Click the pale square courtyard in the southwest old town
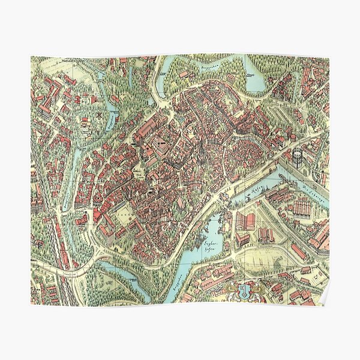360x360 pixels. click(x=121, y=210)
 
